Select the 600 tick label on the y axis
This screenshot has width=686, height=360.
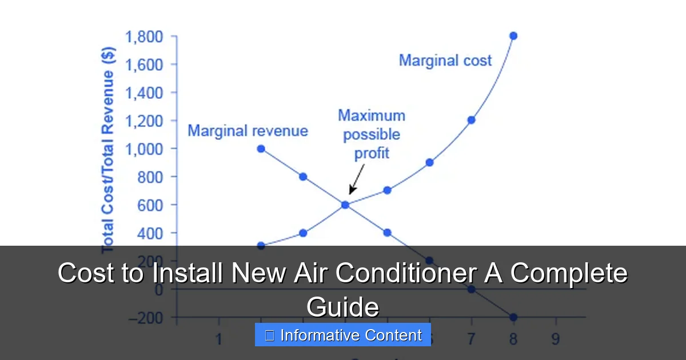pos(151,205)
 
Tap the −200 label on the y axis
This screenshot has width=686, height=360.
pos(146,318)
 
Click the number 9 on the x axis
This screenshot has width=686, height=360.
pos(555,339)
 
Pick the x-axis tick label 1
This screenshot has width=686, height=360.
pos(219,339)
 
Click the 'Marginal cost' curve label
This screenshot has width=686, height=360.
pos(445,61)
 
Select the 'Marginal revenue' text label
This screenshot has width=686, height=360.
pos(248,131)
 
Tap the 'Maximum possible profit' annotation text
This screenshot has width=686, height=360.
pos(372,134)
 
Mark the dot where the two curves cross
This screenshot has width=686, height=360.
pos(345,205)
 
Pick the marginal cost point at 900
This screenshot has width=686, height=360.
pos(429,162)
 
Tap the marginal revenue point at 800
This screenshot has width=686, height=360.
pos(303,177)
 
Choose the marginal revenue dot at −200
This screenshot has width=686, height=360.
pos(513,317)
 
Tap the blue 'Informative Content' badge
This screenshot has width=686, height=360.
pos(343,335)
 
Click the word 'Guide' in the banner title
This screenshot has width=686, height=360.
pos(343,307)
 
